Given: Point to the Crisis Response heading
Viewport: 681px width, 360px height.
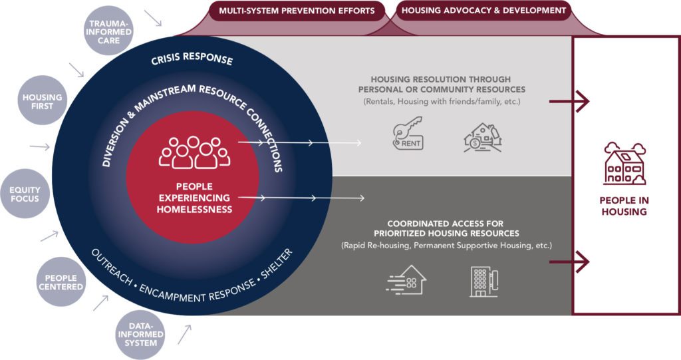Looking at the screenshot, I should [192, 59].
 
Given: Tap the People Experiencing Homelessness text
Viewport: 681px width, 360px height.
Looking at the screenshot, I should [194, 198].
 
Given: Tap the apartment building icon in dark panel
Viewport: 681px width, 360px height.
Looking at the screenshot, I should [483, 280].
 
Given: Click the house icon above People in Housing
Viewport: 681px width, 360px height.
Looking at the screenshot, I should [624, 164].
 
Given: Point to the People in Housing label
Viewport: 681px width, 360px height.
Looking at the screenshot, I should [624, 206].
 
